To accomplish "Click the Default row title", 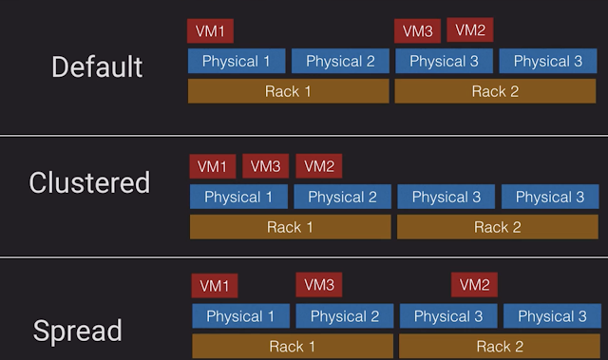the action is (x=97, y=66).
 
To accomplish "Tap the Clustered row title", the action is (x=89, y=182).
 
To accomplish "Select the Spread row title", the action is (x=78, y=331).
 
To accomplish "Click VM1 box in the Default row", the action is (x=210, y=31).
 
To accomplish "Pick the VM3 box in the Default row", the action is (x=418, y=31).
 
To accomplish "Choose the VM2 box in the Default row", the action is (x=470, y=29).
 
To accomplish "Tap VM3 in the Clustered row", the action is (x=266, y=166).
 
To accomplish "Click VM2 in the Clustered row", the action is (x=319, y=166).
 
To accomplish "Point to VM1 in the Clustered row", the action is (x=213, y=166).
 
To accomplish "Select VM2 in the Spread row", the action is (x=474, y=285).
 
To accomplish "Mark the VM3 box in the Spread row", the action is (x=319, y=285).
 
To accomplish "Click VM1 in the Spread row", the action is (x=215, y=286).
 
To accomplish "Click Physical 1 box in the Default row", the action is (x=237, y=61).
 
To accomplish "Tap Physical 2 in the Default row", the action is (x=340, y=61).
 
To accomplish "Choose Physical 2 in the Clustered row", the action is (x=342, y=197).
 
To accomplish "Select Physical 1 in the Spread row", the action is (x=240, y=316).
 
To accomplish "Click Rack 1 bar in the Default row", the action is (x=289, y=91).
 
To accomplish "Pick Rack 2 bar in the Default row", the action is (x=495, y=91).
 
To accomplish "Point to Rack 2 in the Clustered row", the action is (x=498, y=227).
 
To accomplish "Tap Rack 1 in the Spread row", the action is (x=293, y=347).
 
